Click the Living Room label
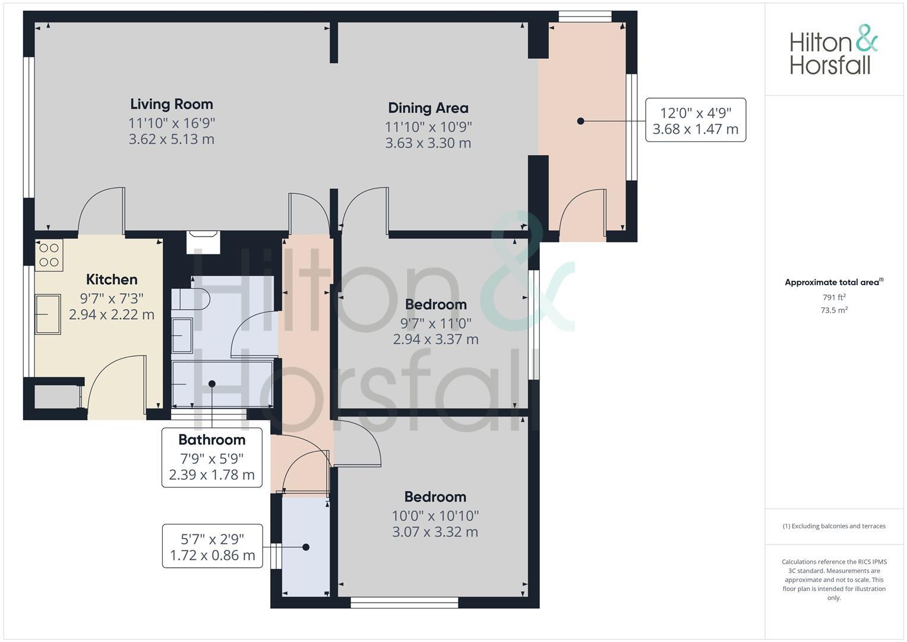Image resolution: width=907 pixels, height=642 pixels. click(x=171, y=104)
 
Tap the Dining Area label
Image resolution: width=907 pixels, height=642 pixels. click(x=428, y=108)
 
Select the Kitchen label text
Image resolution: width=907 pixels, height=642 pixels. click(x=112, y=279)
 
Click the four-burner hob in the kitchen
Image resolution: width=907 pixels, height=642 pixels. click(x=49, y=255)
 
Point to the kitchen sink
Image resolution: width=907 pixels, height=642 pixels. click(x=48, y=314)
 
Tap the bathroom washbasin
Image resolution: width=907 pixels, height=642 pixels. click(x=182, y=336)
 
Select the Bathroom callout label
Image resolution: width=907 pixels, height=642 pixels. click(x=211, y=440)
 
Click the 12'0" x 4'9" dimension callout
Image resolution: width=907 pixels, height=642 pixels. click(x=695, y=120)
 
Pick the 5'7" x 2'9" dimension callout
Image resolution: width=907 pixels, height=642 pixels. click(x=212, y=547)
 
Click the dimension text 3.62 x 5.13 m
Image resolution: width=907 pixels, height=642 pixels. click(x=171, y=140)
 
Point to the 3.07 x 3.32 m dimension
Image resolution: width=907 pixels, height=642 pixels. click(x=435, y=532)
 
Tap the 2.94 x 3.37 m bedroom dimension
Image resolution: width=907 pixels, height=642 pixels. click(x=435, y=339)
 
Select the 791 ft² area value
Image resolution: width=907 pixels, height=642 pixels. click(x=834, y=297)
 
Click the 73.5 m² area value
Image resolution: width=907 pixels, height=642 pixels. click(x=834, y=310)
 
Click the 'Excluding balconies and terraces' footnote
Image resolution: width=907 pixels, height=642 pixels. click(x=834, y=526)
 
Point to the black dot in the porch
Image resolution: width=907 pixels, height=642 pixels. click(x=580, y=121)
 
